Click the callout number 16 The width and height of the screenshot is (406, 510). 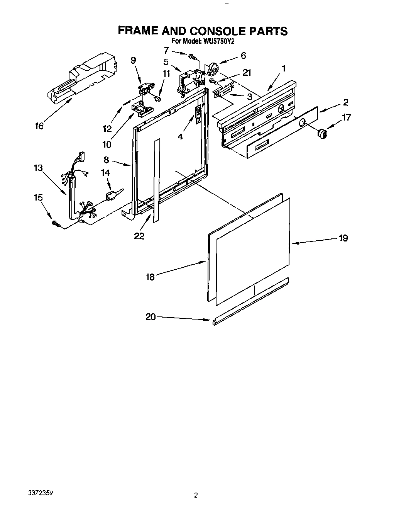click(39, 126)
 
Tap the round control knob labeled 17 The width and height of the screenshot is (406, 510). click(321, 134)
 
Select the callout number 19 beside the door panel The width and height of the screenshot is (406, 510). click(343, 238)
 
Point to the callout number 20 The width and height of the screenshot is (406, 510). click(151, 317)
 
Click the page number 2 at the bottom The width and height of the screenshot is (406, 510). click(196, 495)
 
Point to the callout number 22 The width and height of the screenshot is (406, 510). click(139, 236)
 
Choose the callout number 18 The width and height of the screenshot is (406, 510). click(150, 277)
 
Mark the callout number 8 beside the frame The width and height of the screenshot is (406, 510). click(107, 160)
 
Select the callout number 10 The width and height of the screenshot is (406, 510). click(107, 144)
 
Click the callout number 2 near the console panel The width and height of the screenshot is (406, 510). click(345, 102)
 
